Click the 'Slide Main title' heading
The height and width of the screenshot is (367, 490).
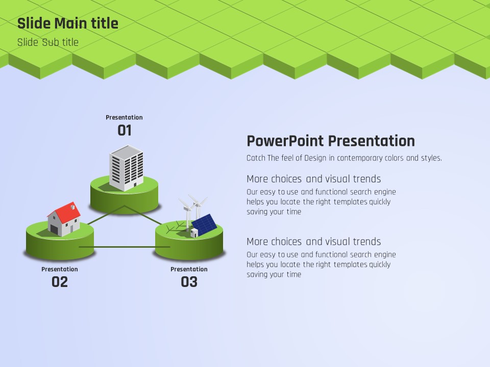click(68, 23)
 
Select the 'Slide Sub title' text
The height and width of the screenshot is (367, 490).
click(48, 42)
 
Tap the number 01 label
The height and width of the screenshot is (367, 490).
click(125, 130)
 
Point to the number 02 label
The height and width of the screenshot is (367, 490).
click(59, 282)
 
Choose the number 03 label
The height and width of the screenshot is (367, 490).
click(189, 282)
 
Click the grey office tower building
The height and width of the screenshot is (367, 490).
click(126, 168)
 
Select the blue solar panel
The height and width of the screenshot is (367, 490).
click(204, 225)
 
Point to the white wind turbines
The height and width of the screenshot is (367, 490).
click(193, 211)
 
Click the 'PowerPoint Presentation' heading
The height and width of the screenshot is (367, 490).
click(331, 141)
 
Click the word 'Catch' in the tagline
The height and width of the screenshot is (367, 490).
click(256, 158)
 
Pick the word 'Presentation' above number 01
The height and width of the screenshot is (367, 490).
click(124, 117)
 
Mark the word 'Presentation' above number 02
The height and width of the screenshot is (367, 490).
click(60, 269)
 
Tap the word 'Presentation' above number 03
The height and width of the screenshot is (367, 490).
click(189, 269)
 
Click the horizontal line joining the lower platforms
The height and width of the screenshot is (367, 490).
click(125, 247)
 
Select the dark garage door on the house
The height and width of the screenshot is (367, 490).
click(54, 230)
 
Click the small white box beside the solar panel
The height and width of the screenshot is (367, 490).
click(194, 233)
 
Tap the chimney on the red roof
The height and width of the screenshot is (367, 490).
click(72, 207)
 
